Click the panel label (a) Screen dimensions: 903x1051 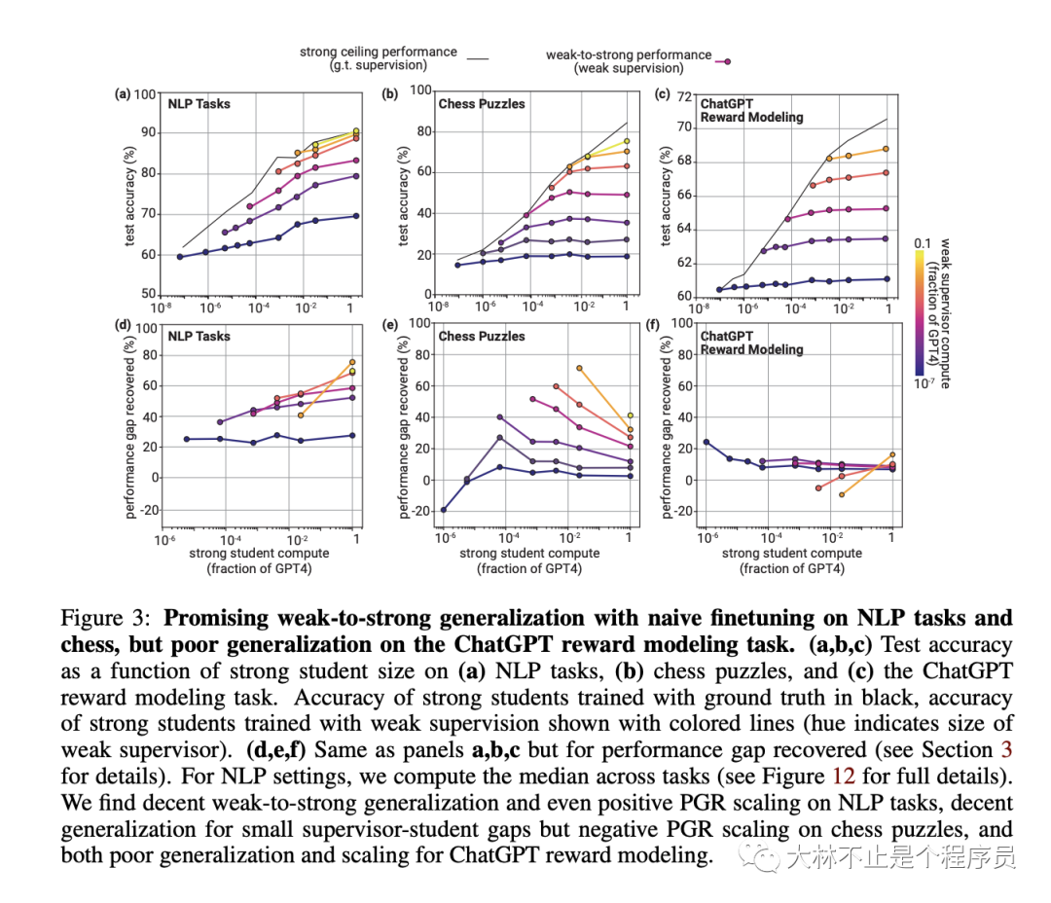123,94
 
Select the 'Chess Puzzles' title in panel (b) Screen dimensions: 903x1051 482,103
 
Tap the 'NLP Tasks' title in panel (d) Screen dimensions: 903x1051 199,336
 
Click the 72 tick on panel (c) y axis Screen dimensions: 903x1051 683,95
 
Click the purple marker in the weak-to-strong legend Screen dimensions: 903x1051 726,61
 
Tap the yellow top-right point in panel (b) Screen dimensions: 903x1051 628,141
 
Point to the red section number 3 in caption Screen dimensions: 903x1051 1005,750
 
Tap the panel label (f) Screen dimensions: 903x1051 663,327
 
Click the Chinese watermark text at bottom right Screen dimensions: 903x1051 900,856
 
